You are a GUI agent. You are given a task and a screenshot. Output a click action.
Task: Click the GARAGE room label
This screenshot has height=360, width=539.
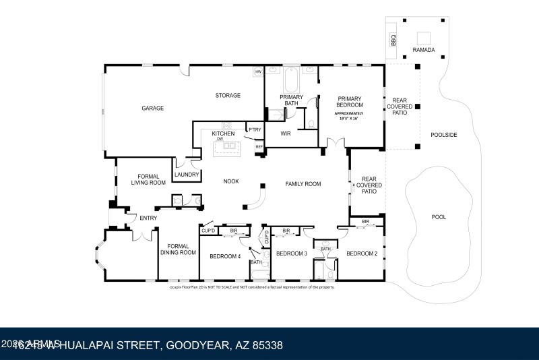[152, 108]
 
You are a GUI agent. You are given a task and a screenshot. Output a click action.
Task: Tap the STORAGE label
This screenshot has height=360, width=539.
[228, 96]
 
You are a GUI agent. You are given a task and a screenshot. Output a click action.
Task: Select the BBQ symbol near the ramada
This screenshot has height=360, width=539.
[394, 40]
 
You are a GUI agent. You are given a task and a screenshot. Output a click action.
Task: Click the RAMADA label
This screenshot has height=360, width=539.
[424, 50]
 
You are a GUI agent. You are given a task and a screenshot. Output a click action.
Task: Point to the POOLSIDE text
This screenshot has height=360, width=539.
[444, 135]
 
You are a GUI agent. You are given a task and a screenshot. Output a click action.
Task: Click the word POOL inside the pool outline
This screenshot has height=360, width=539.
[439, 217]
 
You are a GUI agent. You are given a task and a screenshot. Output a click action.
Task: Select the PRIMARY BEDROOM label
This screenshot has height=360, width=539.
[350, 101]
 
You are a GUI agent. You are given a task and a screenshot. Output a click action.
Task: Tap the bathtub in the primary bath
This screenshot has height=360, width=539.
[292, 81]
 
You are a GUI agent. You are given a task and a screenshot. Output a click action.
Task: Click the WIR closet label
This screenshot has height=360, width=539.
[285, 133]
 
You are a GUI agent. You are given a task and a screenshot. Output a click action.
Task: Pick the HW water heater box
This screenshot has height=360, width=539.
[257, 72]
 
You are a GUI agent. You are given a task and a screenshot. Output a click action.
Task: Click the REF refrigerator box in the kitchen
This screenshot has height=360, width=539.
[259, 146]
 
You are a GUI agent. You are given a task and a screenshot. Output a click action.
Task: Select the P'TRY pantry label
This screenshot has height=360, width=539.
[255, 129]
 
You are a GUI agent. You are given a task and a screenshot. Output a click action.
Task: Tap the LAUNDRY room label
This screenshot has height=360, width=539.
[187, 175]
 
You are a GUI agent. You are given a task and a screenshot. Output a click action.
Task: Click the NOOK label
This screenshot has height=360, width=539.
[231, 181]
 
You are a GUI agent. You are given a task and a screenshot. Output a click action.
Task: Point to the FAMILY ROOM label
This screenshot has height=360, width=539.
[303, 183]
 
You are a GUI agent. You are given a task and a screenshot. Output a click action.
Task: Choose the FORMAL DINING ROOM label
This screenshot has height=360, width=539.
[178, 249]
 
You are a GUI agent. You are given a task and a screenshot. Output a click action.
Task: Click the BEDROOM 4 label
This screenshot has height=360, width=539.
[224, 256]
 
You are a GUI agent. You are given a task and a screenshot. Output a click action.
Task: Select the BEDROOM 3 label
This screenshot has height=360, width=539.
[292, 253]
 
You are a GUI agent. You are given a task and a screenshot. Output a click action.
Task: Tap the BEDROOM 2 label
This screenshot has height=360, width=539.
[360, 253]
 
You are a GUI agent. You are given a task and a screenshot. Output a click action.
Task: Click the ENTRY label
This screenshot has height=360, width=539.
[148, 218]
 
